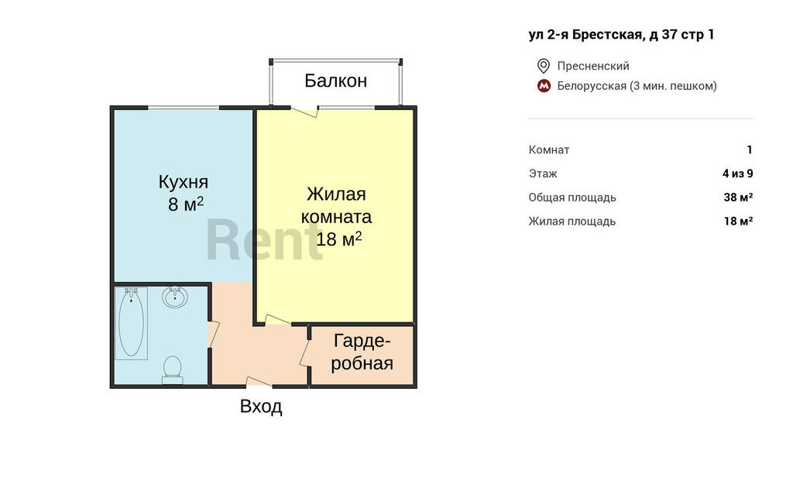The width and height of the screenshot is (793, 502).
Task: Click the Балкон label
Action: (x=336, y=81)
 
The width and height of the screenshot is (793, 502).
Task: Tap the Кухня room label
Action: (x=183, y=182)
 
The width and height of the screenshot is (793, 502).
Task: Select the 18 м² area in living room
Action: (x=339, y=239)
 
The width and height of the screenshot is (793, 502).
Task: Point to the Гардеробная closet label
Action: (x=362, y=352)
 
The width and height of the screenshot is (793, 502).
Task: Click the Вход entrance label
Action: (x=261, y=407)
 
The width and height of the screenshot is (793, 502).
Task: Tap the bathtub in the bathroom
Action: (x=131, y=323)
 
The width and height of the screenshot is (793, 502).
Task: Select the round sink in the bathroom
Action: (x=175, y=297)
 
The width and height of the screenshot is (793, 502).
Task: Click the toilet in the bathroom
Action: (x=173, y=370)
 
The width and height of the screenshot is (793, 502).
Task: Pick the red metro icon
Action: (x=544, y=86)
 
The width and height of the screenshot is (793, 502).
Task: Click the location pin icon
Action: (x=543, y=66)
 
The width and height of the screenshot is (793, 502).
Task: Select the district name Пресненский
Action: (x=593, y=66)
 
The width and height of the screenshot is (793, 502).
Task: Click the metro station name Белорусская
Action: (x=592, y=86)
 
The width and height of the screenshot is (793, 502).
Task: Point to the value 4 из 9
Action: (x=738, y=174)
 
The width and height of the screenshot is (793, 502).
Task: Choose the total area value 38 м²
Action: (x=738, y=198)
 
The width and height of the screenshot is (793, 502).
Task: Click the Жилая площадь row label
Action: (x=572, y=221)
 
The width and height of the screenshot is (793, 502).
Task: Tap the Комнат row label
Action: (x=549, y=150)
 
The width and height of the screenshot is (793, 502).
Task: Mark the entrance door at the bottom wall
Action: (x=259, y=382)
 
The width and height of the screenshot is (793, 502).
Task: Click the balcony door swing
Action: (x=304, y=112)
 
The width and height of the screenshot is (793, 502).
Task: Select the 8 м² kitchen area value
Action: (x=186, y=205)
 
